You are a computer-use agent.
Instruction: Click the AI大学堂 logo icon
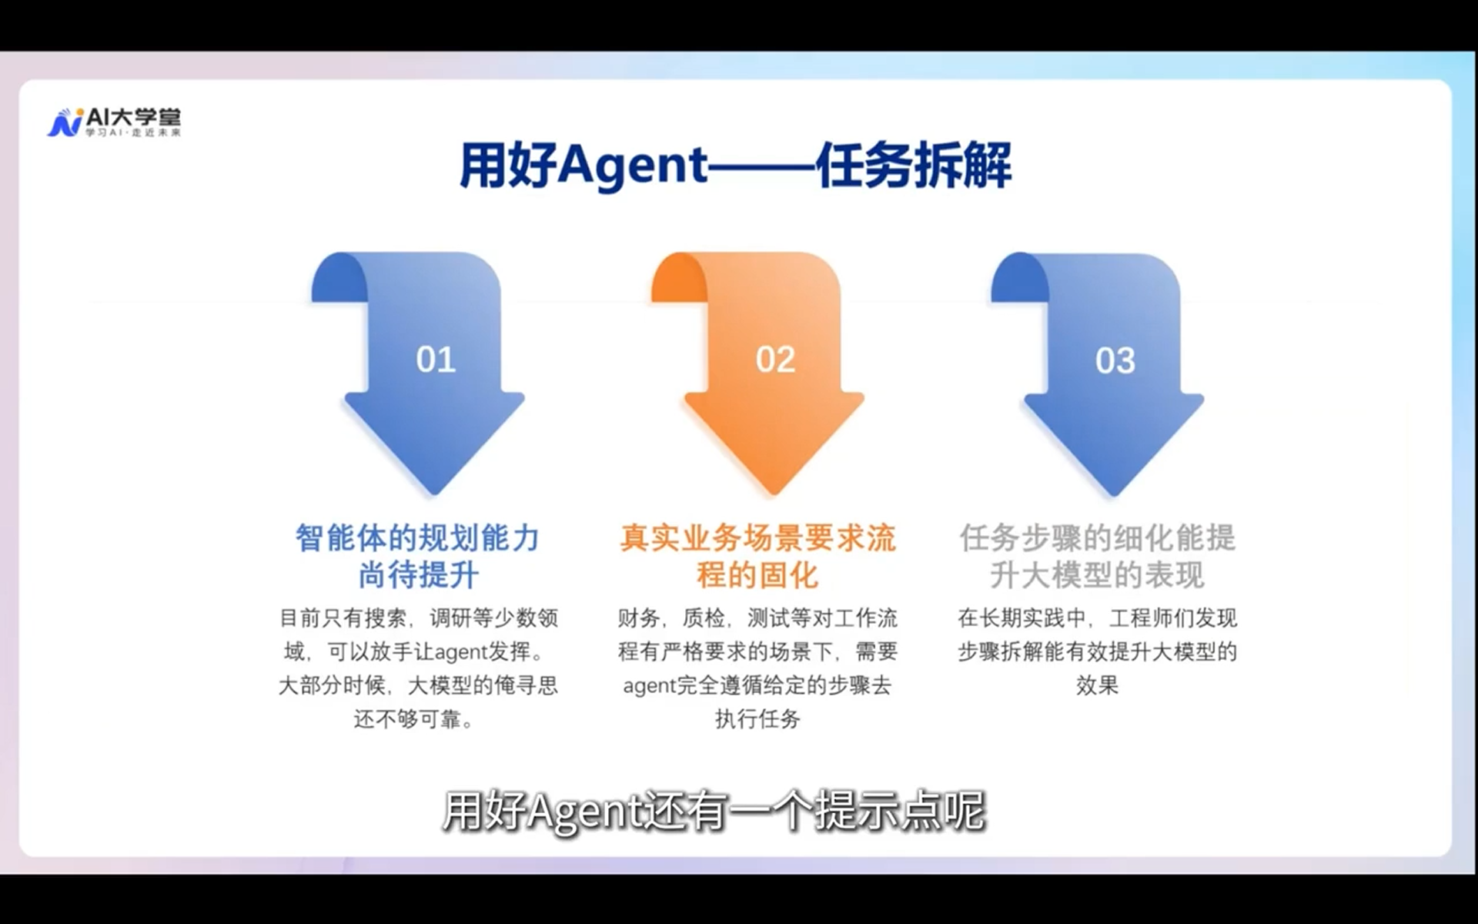coord(66,122)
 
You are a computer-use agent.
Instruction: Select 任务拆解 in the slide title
coord(913,166)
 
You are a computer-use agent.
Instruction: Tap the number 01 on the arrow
coord(436,360)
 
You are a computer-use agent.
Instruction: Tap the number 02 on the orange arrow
coord(775,360)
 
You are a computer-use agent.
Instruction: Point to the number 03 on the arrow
coord(1115,360)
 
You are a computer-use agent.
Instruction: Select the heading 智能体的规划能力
coord(417,538)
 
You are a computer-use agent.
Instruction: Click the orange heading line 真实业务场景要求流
coord(757,538)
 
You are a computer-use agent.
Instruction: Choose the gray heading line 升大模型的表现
coord(1097,575)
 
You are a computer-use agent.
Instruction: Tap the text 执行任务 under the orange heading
coord(757,719)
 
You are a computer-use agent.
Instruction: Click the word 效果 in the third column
coord(1097,685)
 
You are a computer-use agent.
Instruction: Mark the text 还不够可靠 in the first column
coord(408,719)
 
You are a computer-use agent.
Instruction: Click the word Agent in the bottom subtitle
coord(585,812)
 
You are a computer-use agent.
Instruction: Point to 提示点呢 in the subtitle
coord(899,812)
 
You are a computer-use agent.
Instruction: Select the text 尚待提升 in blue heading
coord(418,575)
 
